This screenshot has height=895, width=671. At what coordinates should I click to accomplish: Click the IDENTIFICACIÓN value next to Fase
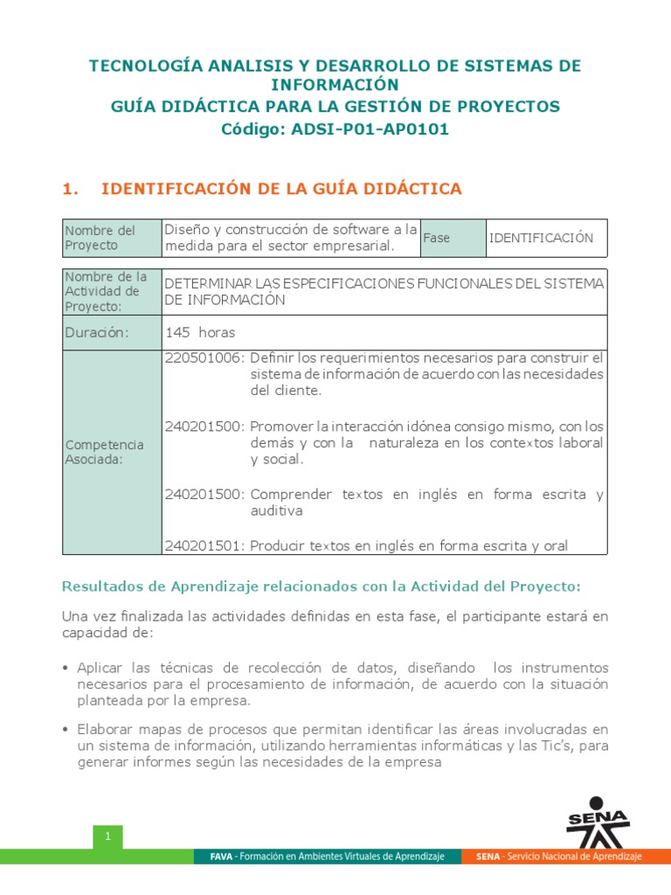(x=541, y=238)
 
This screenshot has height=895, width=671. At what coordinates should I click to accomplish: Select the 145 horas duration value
(x=200, y=332)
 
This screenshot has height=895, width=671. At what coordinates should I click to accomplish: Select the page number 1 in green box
(x=107, y=837)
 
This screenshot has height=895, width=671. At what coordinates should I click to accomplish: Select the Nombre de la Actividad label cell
(x=103, y=291)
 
